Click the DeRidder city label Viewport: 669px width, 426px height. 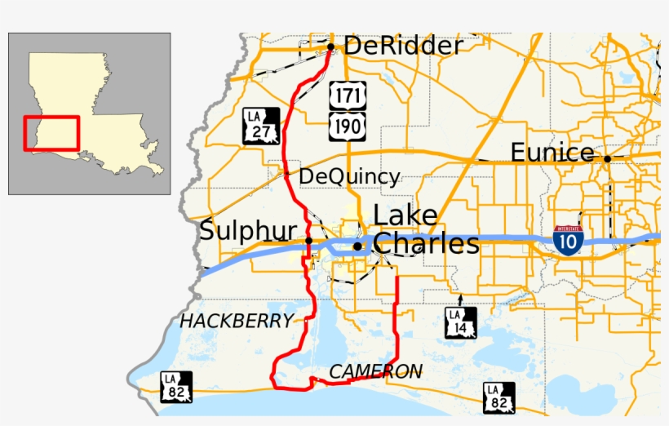pyautogui.click(x=403, y=46)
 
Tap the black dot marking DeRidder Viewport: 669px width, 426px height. pyautogui.click(x=330, y=47)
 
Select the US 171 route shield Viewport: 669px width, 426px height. pyautogui.click(x=348, y=95)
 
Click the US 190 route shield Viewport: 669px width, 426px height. pyautogui.click(x=348, y=125)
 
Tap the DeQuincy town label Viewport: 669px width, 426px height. pyautogui.click(x=349, y=176)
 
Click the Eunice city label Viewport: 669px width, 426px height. pyautogui.click(x=552, y=153)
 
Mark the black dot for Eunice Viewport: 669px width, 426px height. pyautogui.click(x=607, y=159)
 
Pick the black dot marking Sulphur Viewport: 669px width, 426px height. pyautogui.click(x=309, y=241)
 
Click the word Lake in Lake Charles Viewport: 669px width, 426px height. pyautogui.click(x=405, y=215)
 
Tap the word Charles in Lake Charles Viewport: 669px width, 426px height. pyautogui.click(x=426, y=243)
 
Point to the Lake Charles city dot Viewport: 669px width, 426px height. pyautogui.click(x=357, y=246)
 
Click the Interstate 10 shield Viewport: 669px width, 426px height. pyautogui.click(x=568, y=240)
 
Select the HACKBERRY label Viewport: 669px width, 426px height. pyautogui.click(x=237, y=322)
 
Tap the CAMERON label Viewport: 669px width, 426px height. pyautogui.click(x=375, y=372)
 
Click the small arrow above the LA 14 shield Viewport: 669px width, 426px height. pyautogui.click(x=460, y=300)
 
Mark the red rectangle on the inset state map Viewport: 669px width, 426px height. pyautogui.click(x=51, y=133)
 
